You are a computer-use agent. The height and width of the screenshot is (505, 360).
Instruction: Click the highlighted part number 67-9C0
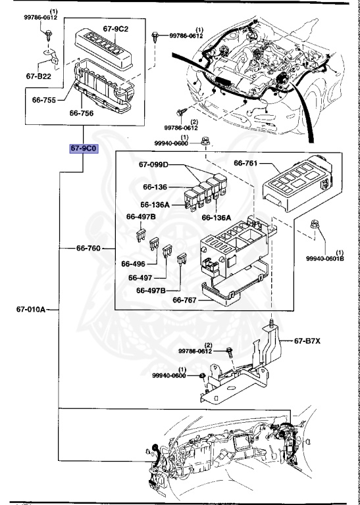coord(84,149)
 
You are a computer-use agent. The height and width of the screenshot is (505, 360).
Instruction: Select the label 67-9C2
coord(116,30)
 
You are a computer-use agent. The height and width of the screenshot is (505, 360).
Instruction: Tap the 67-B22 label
coord(39,76)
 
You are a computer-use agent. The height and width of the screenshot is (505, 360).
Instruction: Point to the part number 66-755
coord(43,101)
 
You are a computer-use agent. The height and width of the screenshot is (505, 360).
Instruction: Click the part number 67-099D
coord(153,164)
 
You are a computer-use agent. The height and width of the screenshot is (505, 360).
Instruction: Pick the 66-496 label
coord(133,264)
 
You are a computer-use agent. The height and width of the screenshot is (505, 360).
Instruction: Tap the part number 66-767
coord(186,300)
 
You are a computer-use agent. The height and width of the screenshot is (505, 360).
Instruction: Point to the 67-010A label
coord(31,310)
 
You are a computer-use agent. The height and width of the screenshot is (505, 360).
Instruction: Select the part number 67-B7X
coord(308,341)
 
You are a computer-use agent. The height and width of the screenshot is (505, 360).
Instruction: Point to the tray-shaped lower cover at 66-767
coord(230,289)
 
